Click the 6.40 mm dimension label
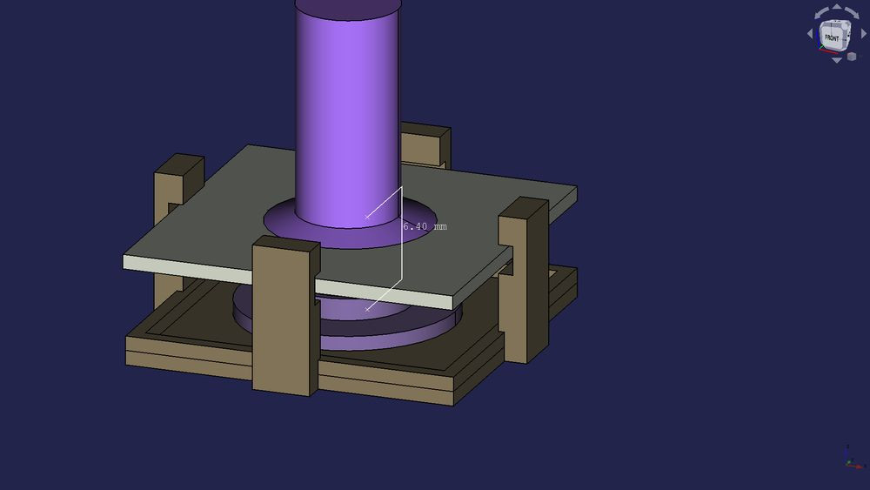[425, 226]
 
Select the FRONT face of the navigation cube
[833, 37]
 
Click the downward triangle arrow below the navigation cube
[837, 59]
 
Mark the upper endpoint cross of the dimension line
[367, 215]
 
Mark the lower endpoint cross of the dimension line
[367, 307]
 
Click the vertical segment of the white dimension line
[401, 252]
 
